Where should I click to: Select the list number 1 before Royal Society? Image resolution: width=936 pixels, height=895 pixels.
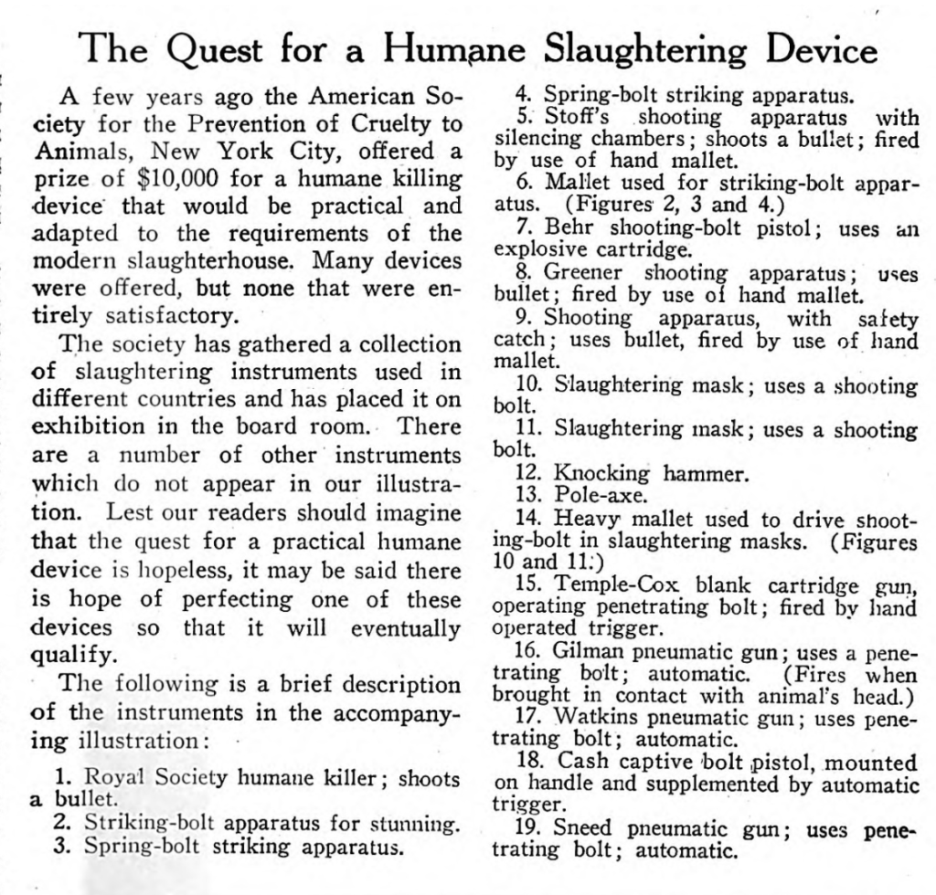click(62, 777)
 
